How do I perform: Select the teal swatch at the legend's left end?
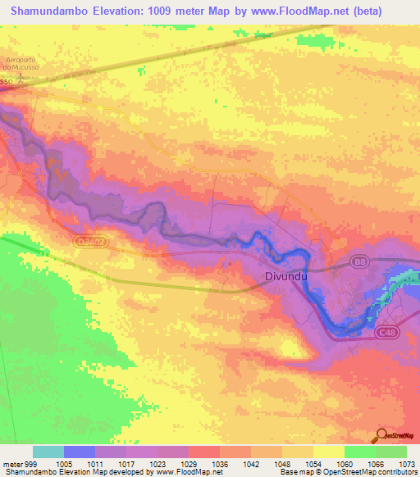(48, 452)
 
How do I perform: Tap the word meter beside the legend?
(11, 463)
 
